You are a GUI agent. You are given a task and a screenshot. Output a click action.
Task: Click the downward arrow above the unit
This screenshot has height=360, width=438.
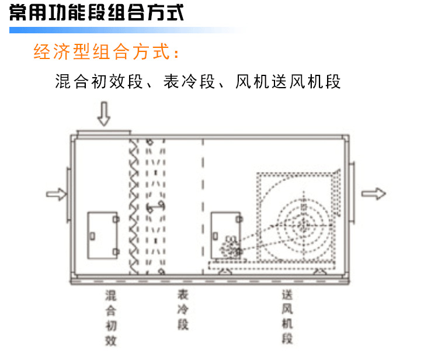(x=103, y=114)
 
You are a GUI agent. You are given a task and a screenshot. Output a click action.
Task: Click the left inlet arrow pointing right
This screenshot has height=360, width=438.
(x=57, y=194)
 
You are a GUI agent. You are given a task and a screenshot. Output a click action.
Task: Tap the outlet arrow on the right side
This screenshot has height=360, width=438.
(x=374, y=193)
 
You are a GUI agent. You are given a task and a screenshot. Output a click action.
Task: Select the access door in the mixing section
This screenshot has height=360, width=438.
(x=103, y=236)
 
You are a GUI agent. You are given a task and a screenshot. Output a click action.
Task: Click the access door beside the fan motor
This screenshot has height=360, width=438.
(x=226, y=236)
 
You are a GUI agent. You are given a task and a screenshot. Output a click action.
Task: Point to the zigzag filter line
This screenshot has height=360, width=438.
(x=134, y=206)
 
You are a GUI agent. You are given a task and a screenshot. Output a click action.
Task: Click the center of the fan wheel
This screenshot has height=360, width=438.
(x=303, y=225)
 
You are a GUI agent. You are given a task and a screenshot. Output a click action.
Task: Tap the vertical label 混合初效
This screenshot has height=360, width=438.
(x=111, y=319)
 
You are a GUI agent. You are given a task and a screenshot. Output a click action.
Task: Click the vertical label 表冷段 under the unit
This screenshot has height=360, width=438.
(x=183, y=310)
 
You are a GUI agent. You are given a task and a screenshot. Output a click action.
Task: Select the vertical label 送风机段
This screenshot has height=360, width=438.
(x=287, y=317)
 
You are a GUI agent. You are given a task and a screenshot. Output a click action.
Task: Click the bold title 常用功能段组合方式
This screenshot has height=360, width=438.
(x=96, y=13)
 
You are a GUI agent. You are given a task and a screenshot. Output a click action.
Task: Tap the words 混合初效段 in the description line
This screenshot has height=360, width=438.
(x=99, y=81)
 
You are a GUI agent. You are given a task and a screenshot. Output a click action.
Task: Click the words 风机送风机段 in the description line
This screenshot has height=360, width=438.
(x=288, y=81)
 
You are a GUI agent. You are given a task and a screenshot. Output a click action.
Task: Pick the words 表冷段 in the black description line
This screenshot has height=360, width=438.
(x=189, y=81)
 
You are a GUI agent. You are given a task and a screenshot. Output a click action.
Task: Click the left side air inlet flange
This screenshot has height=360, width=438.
(x=68, y=195)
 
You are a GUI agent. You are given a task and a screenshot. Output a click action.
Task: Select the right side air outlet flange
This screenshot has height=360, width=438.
(x=352, y=193)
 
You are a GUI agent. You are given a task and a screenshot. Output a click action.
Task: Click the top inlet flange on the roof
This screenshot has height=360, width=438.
(x=103, y=133)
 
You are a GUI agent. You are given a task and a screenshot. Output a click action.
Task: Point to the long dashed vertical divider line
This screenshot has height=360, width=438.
(x=203, y=206)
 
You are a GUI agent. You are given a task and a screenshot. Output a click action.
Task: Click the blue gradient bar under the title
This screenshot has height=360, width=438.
(x=127, y=30)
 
